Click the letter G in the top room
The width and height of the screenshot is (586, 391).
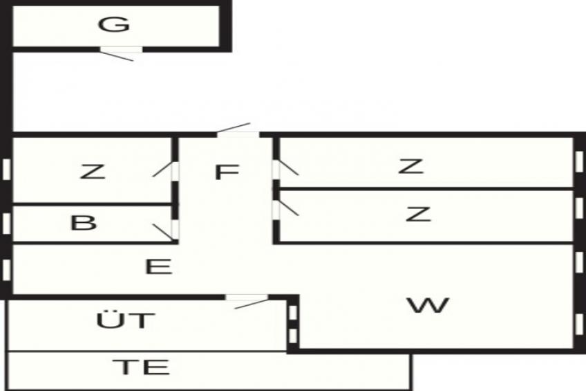pyautogui.click(x=114, y=25)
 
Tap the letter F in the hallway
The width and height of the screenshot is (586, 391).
pyautogui.click(x=227, y=172)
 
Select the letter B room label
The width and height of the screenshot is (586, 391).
pyautogui.click(x=84, y=222)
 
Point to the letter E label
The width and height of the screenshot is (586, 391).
pyautogui.click(x=158, y=266)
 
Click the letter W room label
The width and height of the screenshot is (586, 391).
pyautogui.click(x=428, y=305)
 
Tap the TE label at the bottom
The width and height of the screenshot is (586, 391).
pyautogui.click(x=141, y=367)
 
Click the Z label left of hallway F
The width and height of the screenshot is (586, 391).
pyautogui.click(x=93, y=172)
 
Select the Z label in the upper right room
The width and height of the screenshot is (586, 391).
pyautogui.click(x=410, y=166)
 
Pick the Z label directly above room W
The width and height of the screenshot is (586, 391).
pyautogui.click(x=418, y=214)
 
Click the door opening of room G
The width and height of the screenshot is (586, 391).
pyautogui.click(x=121, y=50)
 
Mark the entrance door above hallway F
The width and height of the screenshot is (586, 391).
pyautogui.click(x=238, y=134)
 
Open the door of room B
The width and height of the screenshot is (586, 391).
pyautogui.click(x=175, y=230)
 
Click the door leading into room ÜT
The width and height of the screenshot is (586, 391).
pyautogui.click(x=247, y=298)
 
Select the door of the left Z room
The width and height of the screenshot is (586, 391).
pyautogui.click(x=175, y=172)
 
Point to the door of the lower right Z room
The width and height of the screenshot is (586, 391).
pyautogui.click(x=276, y=210)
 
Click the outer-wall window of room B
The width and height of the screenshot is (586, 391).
pyautogui.click(x=6, y=224)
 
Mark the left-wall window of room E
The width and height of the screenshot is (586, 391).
pyautogui.click(x=6, y=270)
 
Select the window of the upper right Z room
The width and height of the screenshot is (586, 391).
pyautogui.click(x=579, y=162)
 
